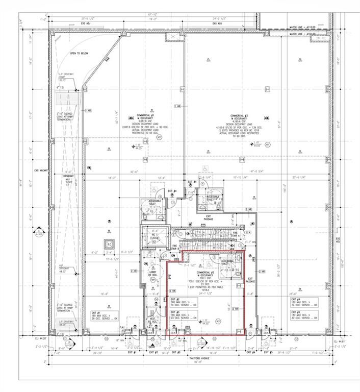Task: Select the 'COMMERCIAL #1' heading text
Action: coord(139,116)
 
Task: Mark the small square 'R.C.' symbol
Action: coord(108,243)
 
